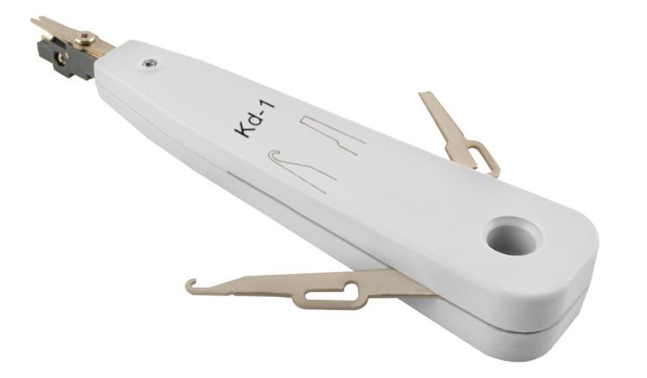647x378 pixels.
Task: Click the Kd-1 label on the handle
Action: point(254,120)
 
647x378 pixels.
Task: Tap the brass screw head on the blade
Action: point(87,40)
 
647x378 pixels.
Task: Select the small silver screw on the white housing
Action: point(149,64)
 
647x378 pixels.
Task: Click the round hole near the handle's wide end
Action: point(513,236)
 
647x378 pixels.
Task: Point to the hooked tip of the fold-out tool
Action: point(191,285)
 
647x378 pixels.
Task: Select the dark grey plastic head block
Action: point(66,58)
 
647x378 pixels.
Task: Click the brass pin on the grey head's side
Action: point(63,57)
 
